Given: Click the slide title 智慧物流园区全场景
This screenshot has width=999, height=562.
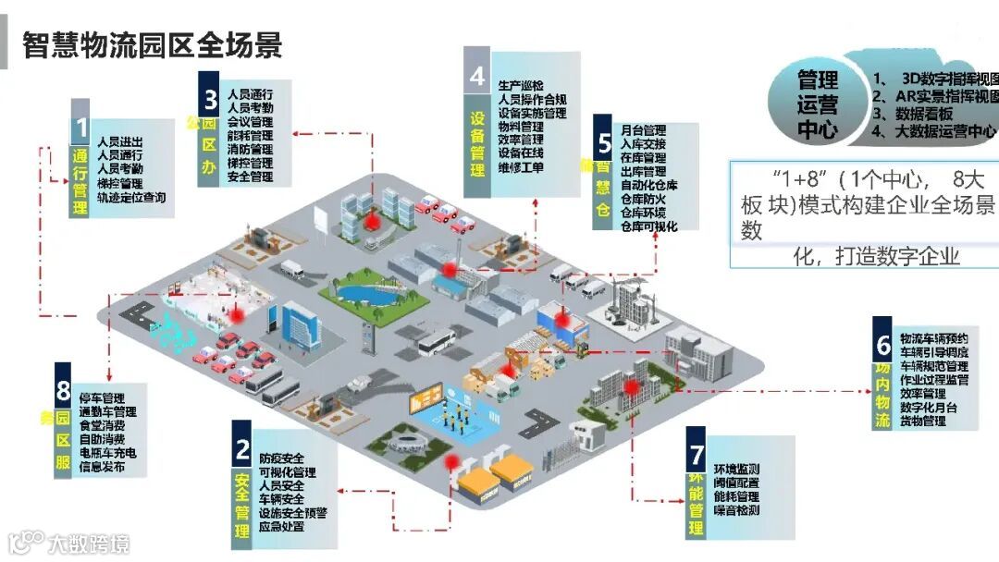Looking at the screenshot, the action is coord(152,44).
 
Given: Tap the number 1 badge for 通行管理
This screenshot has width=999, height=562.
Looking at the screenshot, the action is coord(81,128).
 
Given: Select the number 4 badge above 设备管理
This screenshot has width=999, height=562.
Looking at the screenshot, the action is coord(476,76).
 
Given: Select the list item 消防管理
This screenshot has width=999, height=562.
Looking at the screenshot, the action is coord(250,149).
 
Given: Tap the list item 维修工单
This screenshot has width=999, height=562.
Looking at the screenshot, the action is coord(521,167).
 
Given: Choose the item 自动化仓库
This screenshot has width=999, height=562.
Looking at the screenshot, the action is coord(649,185).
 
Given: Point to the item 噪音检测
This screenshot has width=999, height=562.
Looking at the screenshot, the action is coord(737,510).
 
